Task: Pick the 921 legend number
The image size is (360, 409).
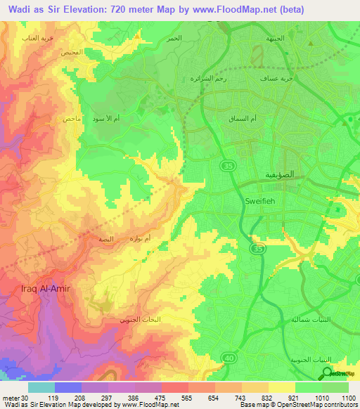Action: coord(295,397)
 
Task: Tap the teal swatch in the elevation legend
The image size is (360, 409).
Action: coord(41,387)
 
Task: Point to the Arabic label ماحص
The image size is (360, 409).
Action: coord(72,119)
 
